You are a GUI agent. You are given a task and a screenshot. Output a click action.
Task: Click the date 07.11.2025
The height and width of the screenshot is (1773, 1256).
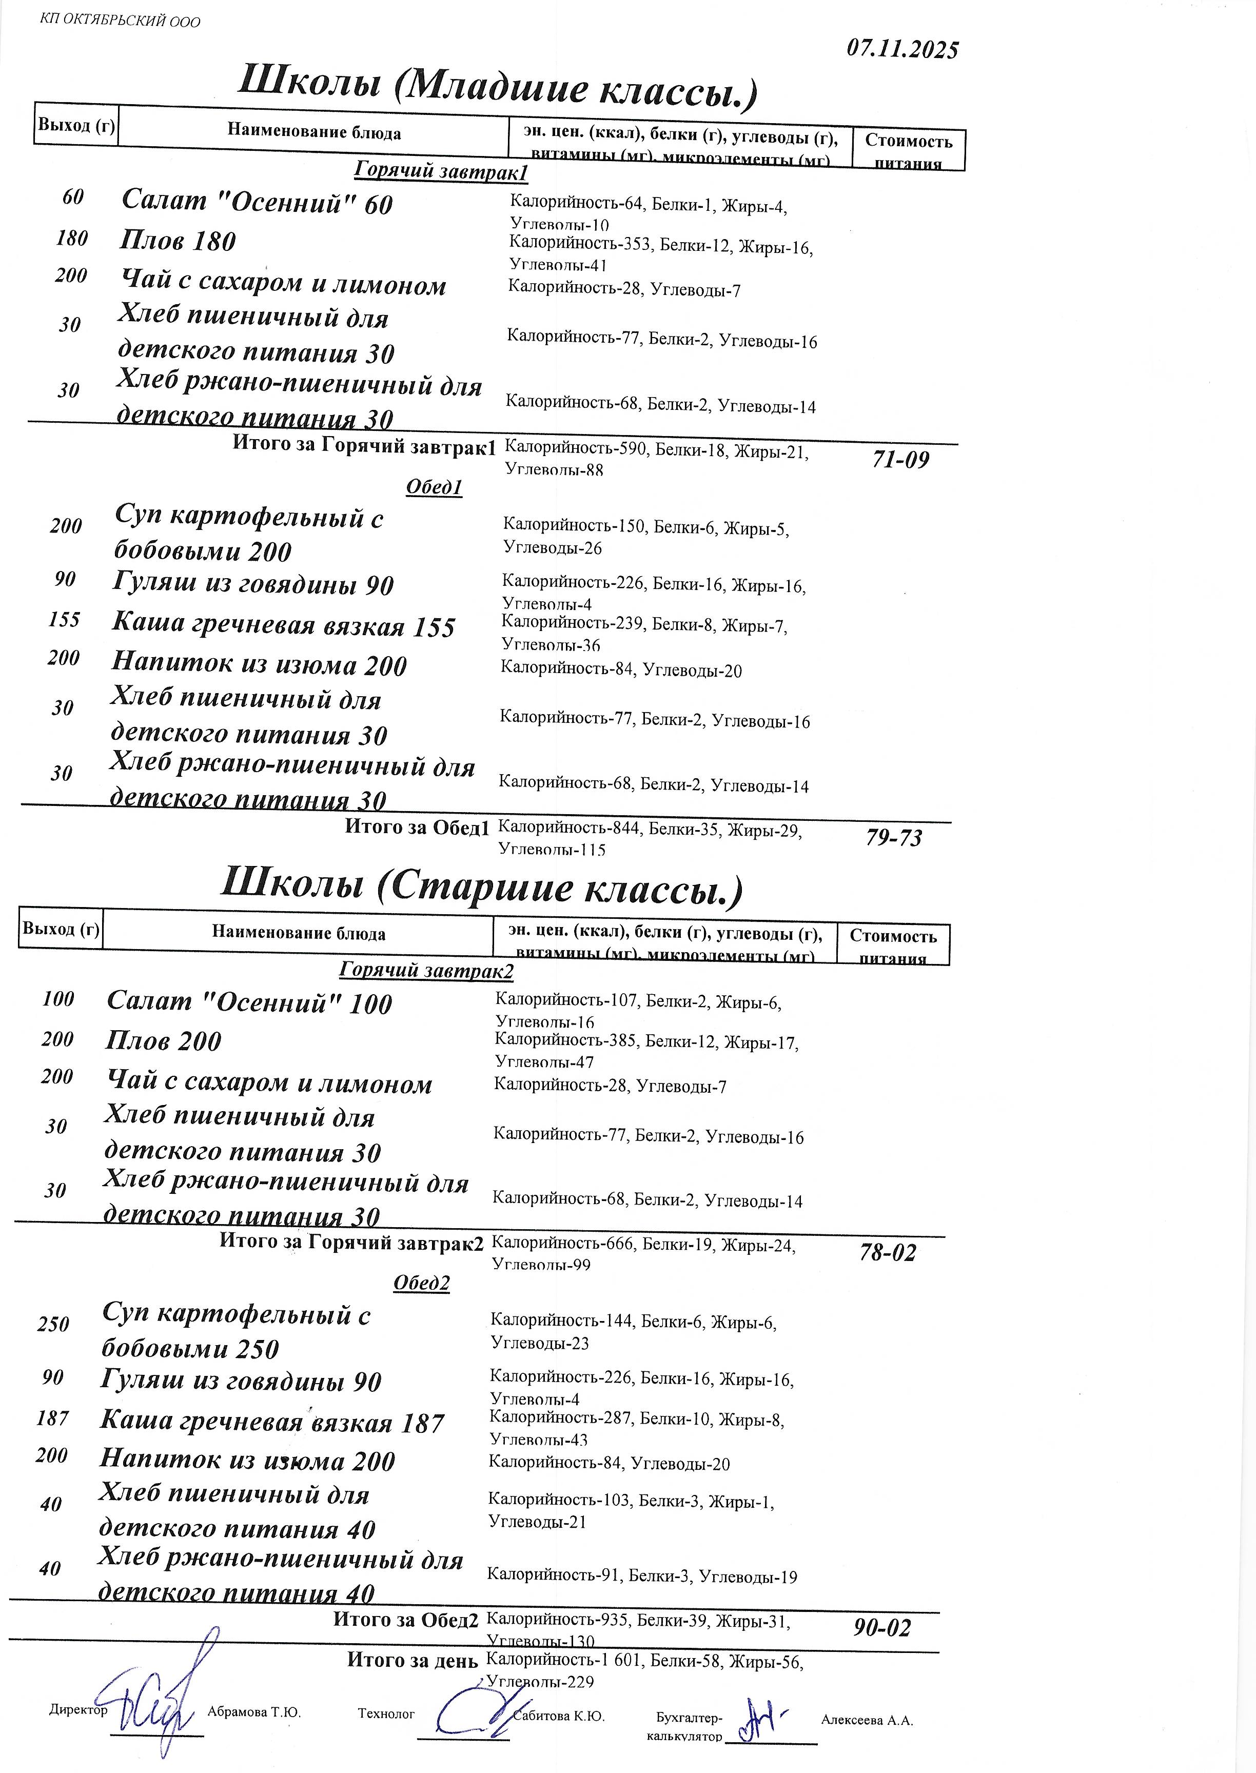[x=902, y=49]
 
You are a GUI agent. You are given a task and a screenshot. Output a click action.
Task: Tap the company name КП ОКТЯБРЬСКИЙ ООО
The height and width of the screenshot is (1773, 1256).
[x=120, y=21]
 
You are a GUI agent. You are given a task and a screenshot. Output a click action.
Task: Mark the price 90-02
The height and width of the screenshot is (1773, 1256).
[x=882, y=1628]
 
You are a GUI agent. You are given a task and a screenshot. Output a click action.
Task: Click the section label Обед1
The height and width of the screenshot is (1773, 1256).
[x=434, y=487]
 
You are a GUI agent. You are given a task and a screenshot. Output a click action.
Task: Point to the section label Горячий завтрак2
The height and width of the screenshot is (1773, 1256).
[x=426, y=971]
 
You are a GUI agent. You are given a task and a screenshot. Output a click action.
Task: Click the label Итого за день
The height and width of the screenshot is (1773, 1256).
[x=411, y=1659]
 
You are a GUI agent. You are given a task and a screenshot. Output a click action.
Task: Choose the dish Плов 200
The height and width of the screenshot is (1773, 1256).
[x=163, y=1041]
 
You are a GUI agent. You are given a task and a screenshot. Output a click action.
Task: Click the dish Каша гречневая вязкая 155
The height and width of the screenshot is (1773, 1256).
[x=284, y=625]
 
